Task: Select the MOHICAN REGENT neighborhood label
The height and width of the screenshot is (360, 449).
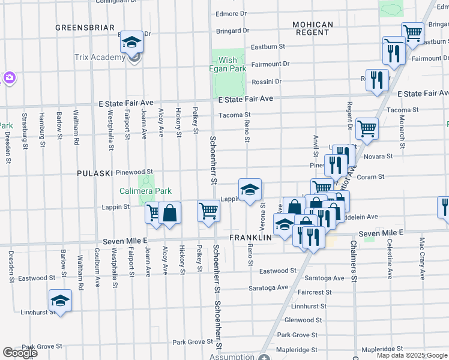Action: point(312,28)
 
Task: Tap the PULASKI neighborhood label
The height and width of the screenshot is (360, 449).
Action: point(95,173)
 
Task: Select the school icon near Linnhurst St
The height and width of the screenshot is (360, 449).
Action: point(60,301)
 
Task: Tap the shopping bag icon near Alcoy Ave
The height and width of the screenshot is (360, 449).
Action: point(170,213)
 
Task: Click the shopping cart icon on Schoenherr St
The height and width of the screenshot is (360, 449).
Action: point(208,211)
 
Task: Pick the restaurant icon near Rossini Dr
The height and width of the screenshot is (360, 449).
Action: point(377,80)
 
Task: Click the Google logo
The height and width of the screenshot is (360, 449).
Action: point(20,353)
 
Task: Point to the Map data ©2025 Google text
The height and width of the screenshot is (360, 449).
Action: point(412,355)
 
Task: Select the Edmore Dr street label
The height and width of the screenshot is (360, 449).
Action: point(231,13)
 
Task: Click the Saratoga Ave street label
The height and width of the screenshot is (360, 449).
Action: point(327,278)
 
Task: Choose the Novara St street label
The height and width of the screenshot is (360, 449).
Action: point(379,156)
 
